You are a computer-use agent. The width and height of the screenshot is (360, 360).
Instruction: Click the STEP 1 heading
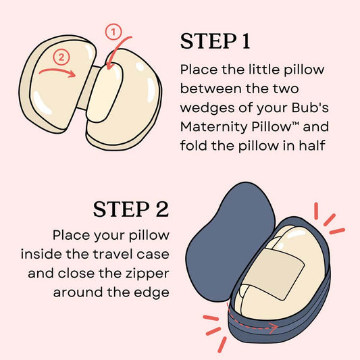215,41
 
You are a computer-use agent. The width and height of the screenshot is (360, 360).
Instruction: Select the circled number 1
114,30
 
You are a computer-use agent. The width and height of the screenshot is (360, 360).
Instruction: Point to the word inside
43,255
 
